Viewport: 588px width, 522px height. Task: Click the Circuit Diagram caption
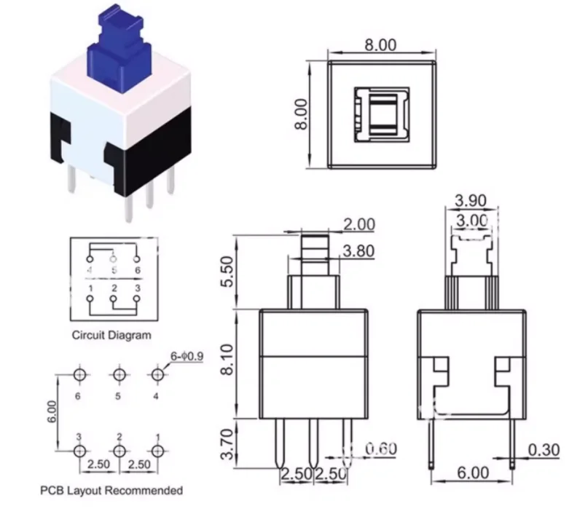(x=111, y=336)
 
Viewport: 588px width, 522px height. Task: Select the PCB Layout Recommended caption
(x=111, y=490)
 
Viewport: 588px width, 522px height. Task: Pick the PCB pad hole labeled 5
(x=119, y=375)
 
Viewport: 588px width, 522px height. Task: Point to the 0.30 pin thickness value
(x=542, y=451)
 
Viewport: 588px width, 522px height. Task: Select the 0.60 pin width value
(x=379, y=448)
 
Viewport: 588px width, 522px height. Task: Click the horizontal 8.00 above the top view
(x=380, y=45)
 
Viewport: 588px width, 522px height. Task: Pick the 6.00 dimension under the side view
(x=471, y=473)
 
